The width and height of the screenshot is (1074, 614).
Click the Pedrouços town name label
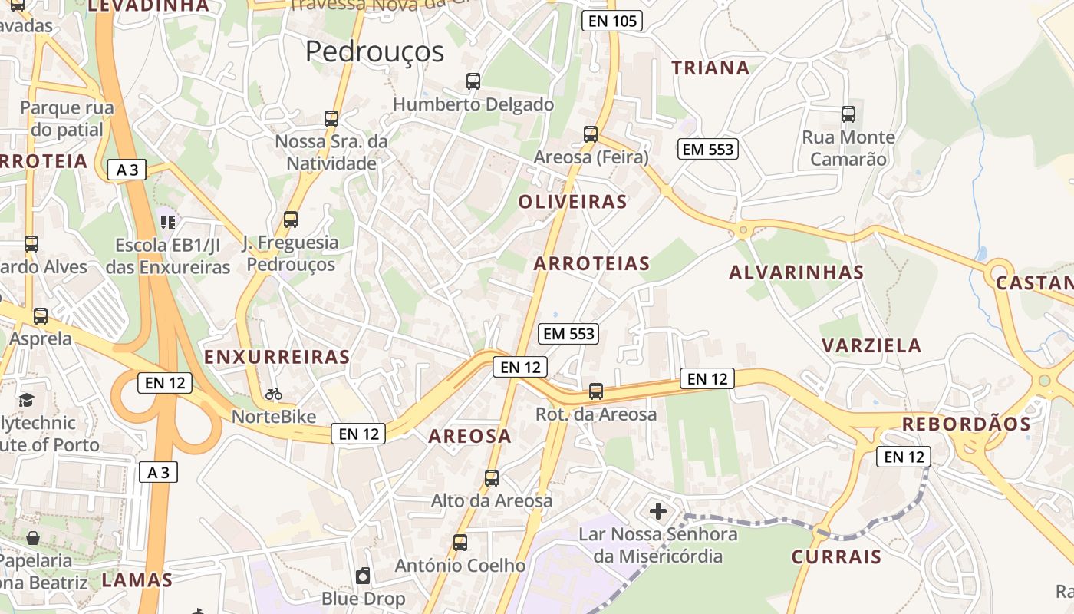[374, 51]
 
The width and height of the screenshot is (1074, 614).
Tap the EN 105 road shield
[611, 21]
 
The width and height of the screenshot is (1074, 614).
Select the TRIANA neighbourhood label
[710, 68]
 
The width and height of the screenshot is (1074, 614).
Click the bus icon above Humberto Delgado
[473, 81]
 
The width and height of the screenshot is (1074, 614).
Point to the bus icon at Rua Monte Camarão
[848, 114]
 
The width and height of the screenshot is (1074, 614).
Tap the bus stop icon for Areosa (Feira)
[591, 134]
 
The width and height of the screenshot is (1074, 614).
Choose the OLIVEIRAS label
[572, 202]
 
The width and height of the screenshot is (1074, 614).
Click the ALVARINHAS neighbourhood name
[796, 272]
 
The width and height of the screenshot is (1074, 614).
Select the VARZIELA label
[871, 345]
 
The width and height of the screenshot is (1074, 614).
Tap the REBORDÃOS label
[966, 424]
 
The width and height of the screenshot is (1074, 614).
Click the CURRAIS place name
[836, 556]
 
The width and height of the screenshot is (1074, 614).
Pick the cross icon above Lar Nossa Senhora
[658, 511]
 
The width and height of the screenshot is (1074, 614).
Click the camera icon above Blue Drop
[363, 576]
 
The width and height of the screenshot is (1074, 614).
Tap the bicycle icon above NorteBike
[274, 394]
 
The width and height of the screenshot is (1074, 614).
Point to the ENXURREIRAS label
[277, 357]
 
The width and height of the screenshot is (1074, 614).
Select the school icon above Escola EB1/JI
[168, 223]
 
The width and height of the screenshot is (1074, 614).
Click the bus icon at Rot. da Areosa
[596, 391]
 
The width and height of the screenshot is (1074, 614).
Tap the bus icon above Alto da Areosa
[492, 478]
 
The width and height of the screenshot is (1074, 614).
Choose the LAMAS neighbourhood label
[137, 579]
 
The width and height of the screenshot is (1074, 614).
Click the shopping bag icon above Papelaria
[33, 538]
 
